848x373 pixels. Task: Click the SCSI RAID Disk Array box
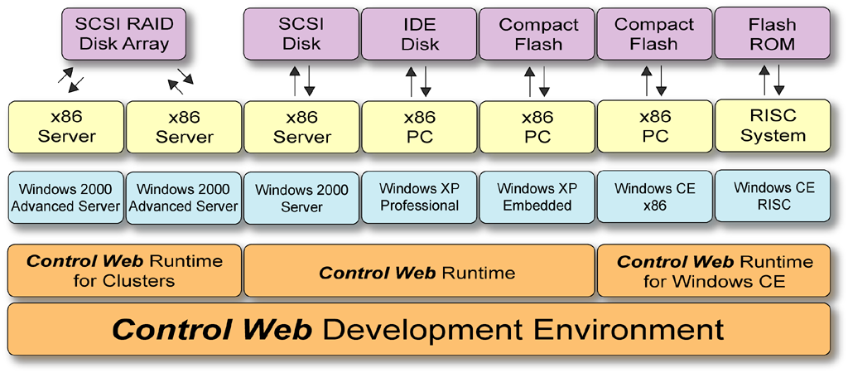click(123, 34)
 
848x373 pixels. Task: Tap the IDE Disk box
click(419, 34)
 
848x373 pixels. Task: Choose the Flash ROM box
click(772, 34)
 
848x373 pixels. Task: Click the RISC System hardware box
click(772, 126)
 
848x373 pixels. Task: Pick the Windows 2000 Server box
click(301, 198)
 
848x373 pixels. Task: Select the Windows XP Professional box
click(419, 197)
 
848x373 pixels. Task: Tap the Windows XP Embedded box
click(537, 197)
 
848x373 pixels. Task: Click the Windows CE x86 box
click(654, 197)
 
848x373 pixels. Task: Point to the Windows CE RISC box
click(772, 196)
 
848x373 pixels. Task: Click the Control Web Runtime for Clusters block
click(124, 271)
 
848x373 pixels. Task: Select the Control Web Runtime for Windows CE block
click(714, 271)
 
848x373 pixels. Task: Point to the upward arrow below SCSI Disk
click(294, 80)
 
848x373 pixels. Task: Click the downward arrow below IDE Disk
click(427, 80)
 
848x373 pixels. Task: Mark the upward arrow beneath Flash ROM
click(764, 80)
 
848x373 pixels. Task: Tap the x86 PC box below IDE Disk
click(419, 127)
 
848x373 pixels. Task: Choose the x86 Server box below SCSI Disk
click(301, 127)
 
